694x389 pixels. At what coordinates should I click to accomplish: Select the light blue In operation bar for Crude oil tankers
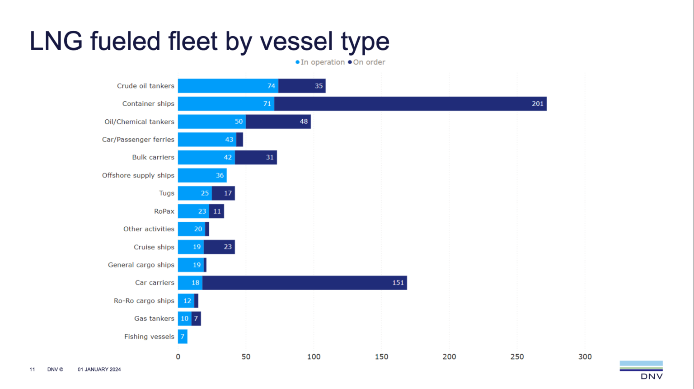pyautogui.click(x=228, y=86)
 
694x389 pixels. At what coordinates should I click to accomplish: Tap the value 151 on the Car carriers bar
pyautogui.click(x=398, y=283)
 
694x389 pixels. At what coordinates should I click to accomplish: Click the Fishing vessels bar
pyautogui.click(x=183, y=337)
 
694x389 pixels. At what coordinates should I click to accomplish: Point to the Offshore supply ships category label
pyautogui.click(x=138, y=175)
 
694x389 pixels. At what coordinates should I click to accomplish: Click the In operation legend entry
pyautogui.click(x=320, y=62)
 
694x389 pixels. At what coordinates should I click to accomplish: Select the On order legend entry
pyautogui.click(x=367, y=62)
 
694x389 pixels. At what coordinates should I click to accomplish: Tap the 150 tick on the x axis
pyautogui.click(x=381, y=357)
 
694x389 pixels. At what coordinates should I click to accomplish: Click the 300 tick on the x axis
pyautogui.click(x=585, y=357)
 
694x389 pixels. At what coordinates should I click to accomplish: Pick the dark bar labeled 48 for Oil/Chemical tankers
pyautogui.click(x=278, y=122)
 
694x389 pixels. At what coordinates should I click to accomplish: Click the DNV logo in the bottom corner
pyautogui.click(x=641, y=370)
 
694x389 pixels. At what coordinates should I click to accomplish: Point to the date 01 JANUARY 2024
pyautogui.click(x=99, y=370)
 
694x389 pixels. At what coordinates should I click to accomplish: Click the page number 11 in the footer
pyautogui.click(x=32, y=370)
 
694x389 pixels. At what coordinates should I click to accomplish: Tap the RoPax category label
pyautogui.click(x=164, y=211)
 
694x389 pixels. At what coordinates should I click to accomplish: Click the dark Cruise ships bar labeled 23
pyautogui.click(x=219, y=247)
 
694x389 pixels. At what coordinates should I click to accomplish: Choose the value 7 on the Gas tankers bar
pyautogui.click(x=196, y=319)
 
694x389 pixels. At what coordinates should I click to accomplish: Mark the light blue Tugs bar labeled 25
pyautogui.click(x=195, y=193)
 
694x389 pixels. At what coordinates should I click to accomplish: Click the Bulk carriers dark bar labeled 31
pyautogui.click(x=256, y=158)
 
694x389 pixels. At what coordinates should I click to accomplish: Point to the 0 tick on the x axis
pyautogui.click(x=178, y=357)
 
